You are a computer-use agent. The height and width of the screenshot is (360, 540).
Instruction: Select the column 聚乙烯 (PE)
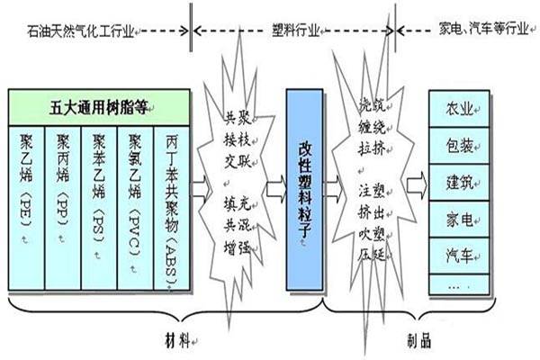[x=27, y=207]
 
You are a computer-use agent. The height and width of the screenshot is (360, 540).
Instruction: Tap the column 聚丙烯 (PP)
[x=63, y=207]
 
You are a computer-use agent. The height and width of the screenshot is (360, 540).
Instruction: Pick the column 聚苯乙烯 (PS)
[x=99, y=207]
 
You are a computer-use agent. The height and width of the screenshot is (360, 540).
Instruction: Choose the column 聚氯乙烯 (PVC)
[x=135, y=207]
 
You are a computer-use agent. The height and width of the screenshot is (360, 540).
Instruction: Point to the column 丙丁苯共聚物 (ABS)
[x=171, y=207]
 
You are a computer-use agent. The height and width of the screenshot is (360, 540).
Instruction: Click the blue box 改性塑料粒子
[x=304, y=189]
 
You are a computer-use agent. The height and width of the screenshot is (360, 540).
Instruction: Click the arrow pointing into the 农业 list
[x=415, y=187]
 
